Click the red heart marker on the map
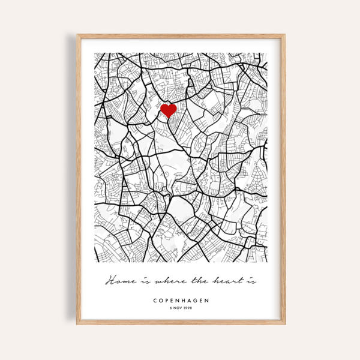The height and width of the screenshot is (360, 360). tap(169, 110)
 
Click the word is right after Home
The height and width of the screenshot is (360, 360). tap(140, 281)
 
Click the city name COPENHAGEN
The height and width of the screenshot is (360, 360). tap(181, 300)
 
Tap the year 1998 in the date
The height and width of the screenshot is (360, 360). tap(188, 308)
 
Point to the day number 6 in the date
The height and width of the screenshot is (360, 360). tap(170, 308)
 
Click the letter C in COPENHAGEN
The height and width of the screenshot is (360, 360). tap(155, 300)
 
